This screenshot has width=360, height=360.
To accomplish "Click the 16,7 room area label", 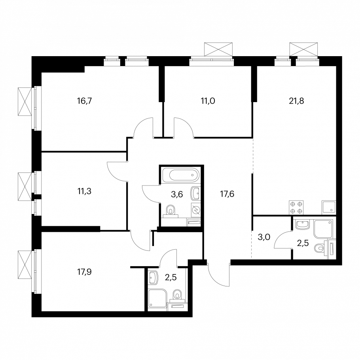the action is (85, 101).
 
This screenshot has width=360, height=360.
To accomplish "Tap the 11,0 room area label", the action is (208, 101).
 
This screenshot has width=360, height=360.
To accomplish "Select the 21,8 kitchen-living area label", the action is (296, 101).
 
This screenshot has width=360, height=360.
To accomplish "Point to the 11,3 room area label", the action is (85, 191).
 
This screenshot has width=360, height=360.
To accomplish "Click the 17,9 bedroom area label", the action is (85, 272).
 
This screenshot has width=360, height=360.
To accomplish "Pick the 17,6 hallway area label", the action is (227, 194).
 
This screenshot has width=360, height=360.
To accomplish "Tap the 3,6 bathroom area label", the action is (177, 195).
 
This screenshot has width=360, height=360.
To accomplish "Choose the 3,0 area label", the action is (264, 237).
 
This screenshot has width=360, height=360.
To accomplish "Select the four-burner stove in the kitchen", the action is (296, 208).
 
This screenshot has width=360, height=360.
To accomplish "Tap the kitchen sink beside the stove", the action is (329, 208).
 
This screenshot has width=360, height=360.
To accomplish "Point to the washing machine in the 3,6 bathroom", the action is (196, 210).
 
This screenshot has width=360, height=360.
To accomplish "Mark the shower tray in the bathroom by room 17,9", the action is (157, 298).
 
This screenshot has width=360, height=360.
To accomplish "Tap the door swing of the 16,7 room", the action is (142, 127).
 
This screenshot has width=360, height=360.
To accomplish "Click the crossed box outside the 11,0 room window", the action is (218, 49).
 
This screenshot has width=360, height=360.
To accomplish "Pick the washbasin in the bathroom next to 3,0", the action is (303, 225).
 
